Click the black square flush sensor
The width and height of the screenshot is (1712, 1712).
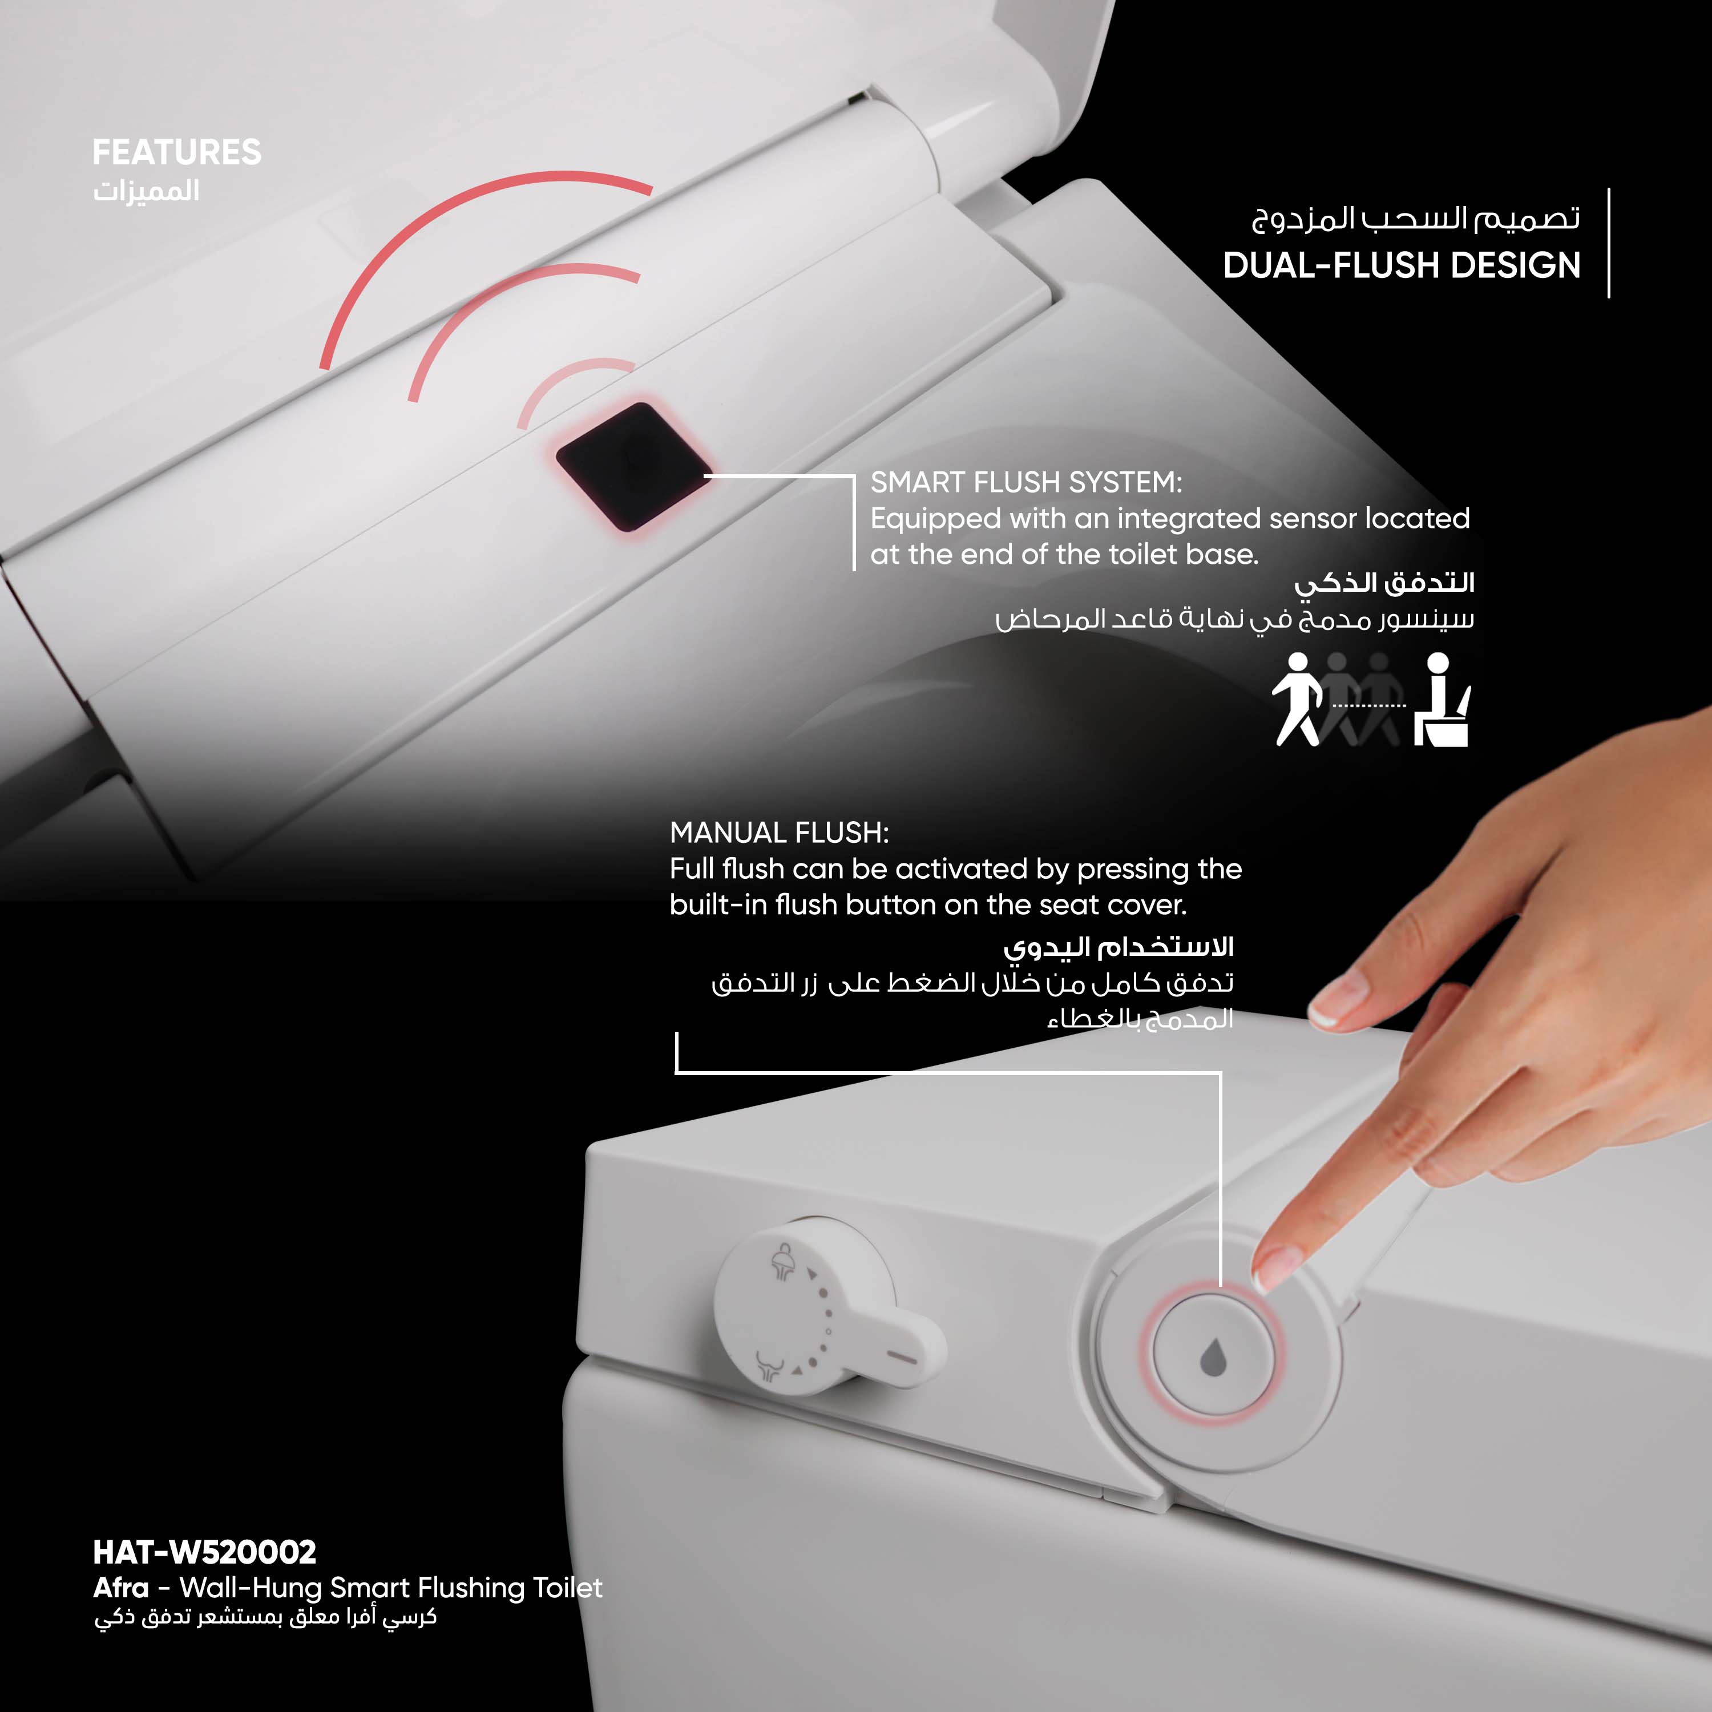point(633,467)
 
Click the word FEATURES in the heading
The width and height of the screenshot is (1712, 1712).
point(177,152)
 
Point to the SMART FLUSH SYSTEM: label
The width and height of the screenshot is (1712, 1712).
point(1026,482)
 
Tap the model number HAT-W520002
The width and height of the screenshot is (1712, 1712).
point(205,1552)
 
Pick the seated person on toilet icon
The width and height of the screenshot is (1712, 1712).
point(1442,700)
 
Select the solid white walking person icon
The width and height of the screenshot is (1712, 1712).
point(1297,699)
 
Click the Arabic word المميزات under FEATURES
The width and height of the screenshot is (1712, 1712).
point(146,191)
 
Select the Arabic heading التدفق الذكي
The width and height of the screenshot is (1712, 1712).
point(1384,584)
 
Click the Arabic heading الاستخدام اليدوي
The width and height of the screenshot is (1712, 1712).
point(1119,948)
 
